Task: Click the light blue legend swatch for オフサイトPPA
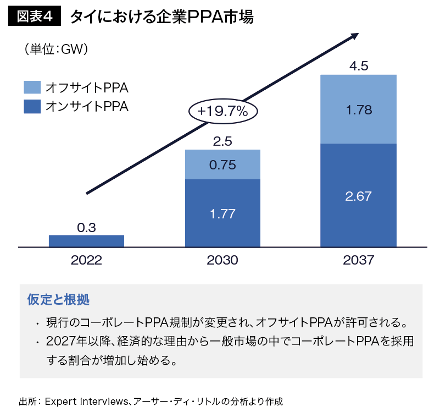point(32,87)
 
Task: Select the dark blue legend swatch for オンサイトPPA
point(32,106)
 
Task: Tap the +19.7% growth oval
point(222,111)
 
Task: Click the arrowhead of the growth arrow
point(354,36)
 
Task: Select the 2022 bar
point(86,241)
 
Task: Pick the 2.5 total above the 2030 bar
point(222,141)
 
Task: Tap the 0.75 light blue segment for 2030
point(222,164)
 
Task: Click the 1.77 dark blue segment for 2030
point(222,213)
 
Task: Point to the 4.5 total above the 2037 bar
point(359,67)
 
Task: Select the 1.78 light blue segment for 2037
point(359,109)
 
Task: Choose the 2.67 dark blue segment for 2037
point(359,196)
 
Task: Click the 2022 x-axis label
point(86,260)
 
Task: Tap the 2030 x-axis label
point(222,260)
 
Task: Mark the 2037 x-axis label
point(359,260)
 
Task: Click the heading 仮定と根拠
point(58,300)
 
